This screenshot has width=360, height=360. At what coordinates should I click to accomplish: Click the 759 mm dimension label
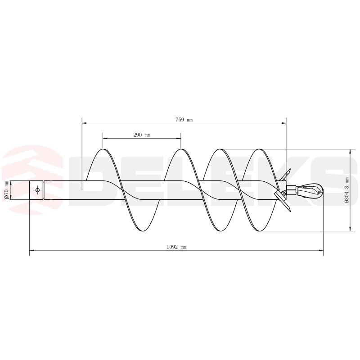pos(184,119)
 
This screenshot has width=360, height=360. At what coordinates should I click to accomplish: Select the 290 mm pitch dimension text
pos(141,135)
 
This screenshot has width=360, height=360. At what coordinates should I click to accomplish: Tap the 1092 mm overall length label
pos(176,247)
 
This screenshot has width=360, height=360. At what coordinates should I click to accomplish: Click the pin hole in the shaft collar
pos(38,190)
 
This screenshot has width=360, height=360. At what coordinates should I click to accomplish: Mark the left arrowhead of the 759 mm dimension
pos(84,121)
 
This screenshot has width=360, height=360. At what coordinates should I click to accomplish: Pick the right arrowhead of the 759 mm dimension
pos(284,121)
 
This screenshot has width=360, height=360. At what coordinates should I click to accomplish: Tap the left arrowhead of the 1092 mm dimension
pos(31,249)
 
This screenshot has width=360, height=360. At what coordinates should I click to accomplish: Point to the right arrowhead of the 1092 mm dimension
pos(321,249)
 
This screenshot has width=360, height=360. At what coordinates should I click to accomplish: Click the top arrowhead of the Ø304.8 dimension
pos(350,151)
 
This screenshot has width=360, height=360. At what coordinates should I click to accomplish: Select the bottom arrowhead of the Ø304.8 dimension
pos(350,229)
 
